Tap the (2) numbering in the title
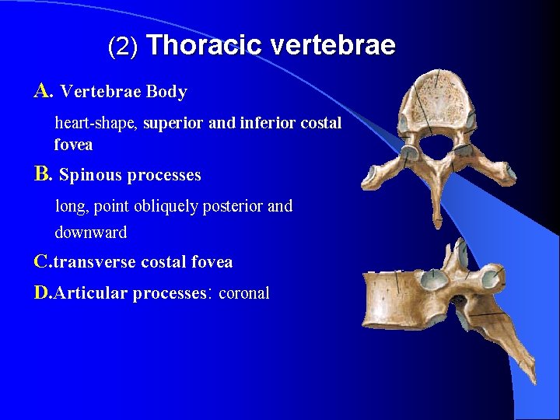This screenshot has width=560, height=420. pos(123,47)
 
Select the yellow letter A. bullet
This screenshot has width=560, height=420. pos(43,91)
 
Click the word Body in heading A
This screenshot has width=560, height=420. pos(166,92)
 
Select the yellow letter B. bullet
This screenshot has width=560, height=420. pos(43,174)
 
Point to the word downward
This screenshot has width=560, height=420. pos(90,232)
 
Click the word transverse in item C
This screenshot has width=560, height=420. pos(94,262)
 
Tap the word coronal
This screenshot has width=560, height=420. pos(244,293)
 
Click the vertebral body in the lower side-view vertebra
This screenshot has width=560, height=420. pos(397,300)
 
